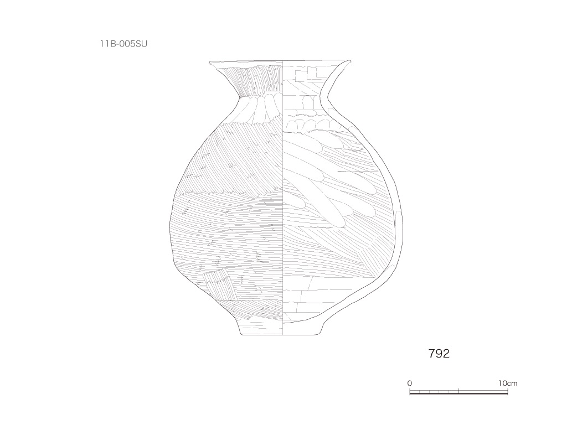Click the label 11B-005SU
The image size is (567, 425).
click(x=123, y=44)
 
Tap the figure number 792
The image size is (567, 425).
click(x=439, y=354)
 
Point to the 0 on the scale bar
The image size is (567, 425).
click(x=409, y=383)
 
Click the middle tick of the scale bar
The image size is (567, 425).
click(x=459, y=391)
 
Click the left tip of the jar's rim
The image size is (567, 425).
click(x=209, y=63)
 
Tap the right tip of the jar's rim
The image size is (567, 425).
click(x=350, y=61)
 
